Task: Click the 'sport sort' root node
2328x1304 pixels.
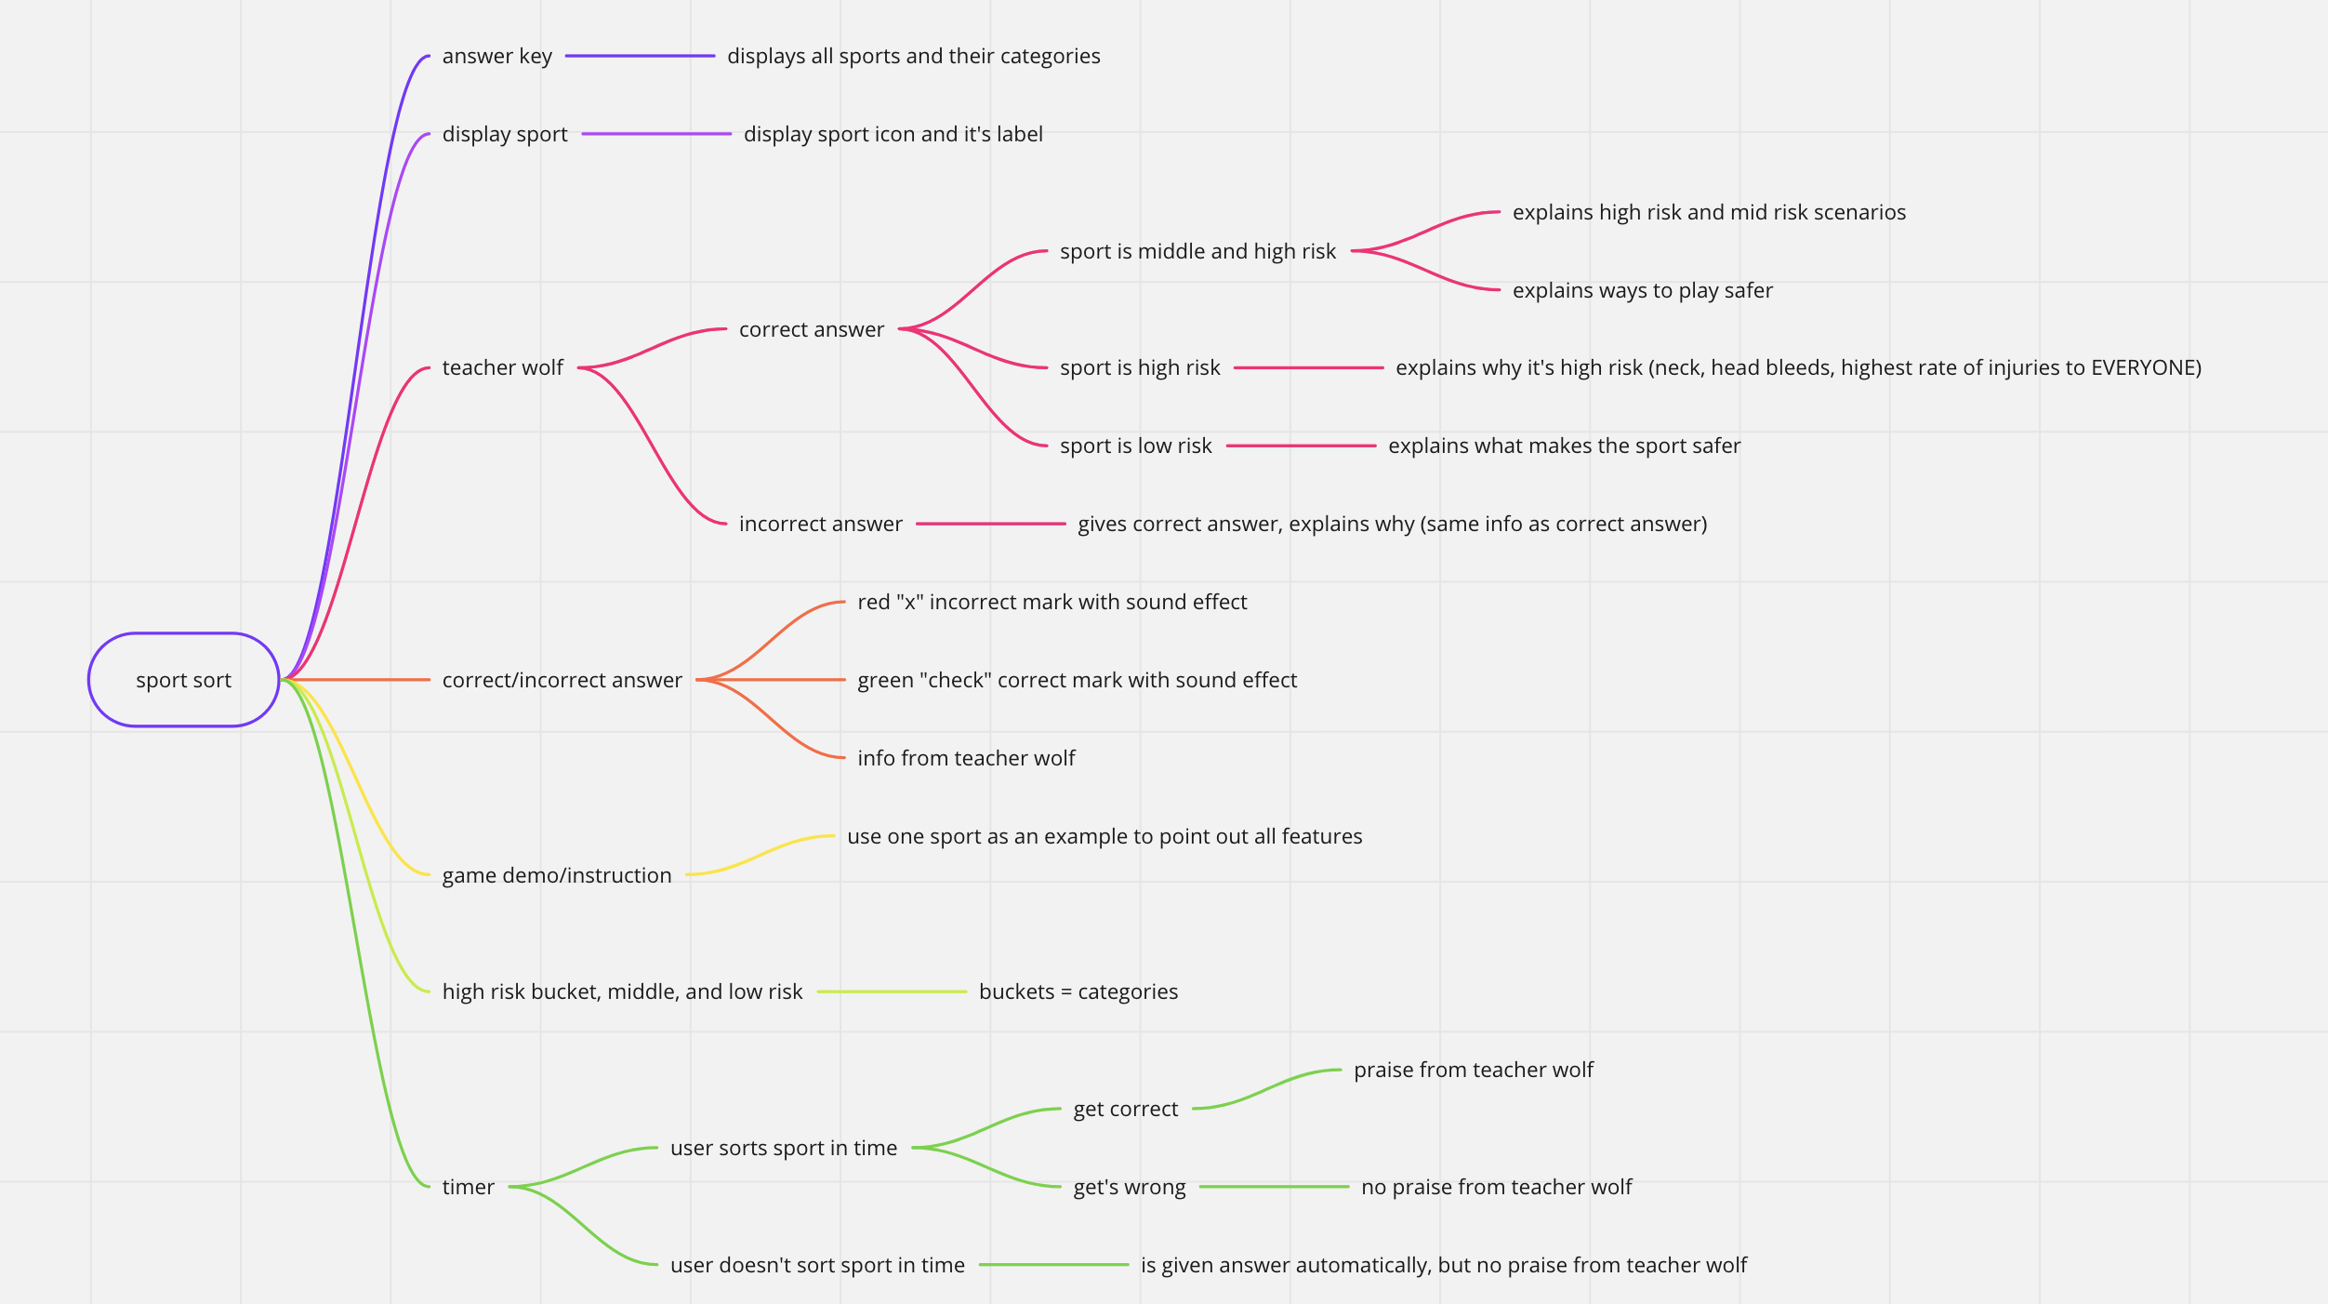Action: (x=184, y=680)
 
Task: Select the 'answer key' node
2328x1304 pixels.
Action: (x=496, y=56)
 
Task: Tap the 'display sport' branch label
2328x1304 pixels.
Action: (x=504, y=134)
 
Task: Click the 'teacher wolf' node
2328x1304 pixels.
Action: (x=502, y=367)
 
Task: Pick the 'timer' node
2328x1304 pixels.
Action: (x=468, y=1187)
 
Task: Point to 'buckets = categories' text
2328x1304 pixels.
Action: (x=1078, y=991)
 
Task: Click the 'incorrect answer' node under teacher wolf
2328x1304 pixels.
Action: (x=820, y=524)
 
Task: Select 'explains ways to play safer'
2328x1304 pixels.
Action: (x=1642, y=290)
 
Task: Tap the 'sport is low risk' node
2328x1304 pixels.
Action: (x=1135, y=446)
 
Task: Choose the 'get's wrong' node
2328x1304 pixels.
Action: (x=1129, y=1187)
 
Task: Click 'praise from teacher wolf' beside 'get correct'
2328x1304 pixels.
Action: (x=1473, y=1070)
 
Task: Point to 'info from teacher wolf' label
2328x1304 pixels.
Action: (x=965, y=758)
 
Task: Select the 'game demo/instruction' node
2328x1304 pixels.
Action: (x=556, y=875)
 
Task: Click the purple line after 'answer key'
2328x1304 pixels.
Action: (x=640, y=56)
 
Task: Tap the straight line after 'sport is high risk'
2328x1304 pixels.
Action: (x=1308, y=367)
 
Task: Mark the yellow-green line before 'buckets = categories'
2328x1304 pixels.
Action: (x=892, y=991)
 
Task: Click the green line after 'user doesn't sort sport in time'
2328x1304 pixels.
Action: (x=1053, y=1265)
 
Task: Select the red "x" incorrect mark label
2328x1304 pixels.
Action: (x=1052, y=602)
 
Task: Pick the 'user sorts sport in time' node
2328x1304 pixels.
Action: (x=783, y=1148)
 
